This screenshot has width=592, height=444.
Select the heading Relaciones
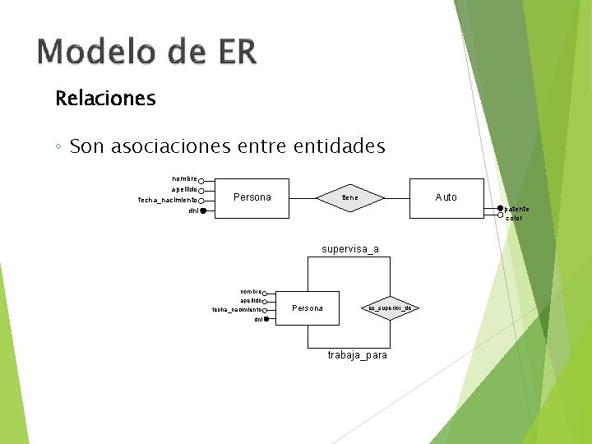[x=105, y=99]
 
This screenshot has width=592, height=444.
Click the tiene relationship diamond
[x=350, y=197]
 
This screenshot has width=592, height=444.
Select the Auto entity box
[x=446, y=197]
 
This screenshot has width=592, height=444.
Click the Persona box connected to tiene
[x=252, y=197]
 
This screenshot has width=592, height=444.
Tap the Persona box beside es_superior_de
[x=308, y=308]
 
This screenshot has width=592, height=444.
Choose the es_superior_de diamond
[x=391, y=308]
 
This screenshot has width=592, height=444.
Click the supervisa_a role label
[x=350, y=248]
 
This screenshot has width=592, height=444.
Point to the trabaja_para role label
[x=357, y=355]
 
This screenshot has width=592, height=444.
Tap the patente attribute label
[x=517, y=209]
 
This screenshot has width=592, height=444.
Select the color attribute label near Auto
[x=514, y=218]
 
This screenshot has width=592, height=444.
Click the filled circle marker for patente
[x=500, y=209]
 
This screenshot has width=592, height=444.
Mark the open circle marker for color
[x=500, y=217]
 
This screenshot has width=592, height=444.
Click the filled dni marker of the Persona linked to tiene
[x=202, y=211]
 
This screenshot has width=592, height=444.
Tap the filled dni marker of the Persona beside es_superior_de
[x=266, y=319]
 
